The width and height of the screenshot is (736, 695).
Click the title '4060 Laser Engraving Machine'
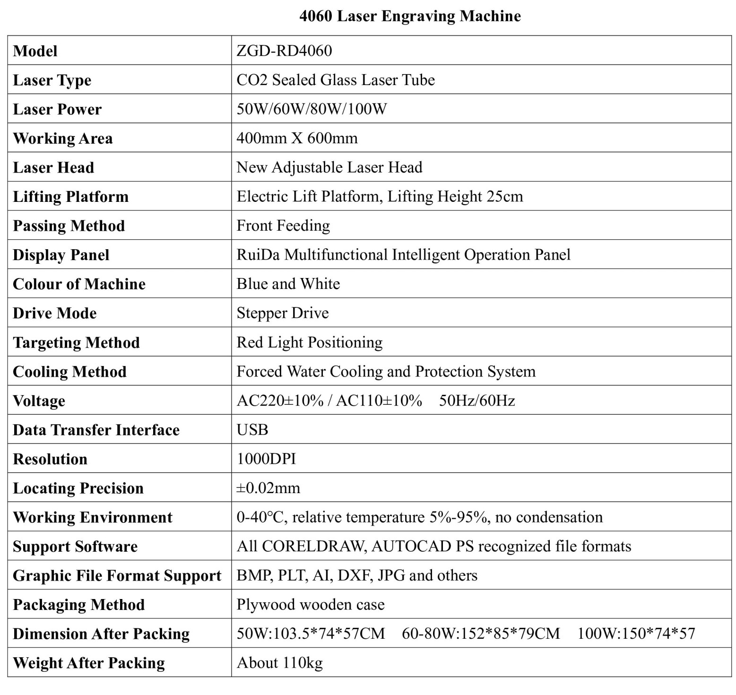[x=410, y=16]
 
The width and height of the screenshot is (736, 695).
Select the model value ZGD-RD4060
[x=284, y=51]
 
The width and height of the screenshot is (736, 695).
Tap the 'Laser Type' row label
[x=52, y=80]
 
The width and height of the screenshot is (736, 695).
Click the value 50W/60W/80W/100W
[x=312, y=109]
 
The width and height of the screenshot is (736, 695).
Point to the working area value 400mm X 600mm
[x=297, y=138]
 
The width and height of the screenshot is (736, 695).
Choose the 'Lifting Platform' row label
[x=70, y=197]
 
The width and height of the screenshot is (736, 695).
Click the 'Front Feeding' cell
[x=283, y=226]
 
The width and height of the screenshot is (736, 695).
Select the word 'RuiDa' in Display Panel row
[x=258, y=255]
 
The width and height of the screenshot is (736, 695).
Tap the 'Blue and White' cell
[x=288, y=284]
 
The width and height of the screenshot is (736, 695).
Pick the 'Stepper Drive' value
[x=282, y=313]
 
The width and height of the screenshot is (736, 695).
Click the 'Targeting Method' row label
[x=76, y=342]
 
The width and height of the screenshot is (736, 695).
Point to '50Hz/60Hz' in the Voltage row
[x=476, y=401]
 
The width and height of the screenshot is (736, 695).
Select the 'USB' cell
[x=252, y=430]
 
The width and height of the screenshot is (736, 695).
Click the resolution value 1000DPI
[x=266, y=459]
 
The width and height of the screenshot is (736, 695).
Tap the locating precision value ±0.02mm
[x=268, y=488]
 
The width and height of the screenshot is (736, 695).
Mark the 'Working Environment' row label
[x=92, y=517]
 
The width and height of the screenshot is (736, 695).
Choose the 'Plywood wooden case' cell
[x=310, y=605]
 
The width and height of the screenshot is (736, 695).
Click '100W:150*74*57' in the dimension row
[x=636, y=634]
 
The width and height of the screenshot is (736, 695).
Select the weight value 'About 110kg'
[x=279, y=663]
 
